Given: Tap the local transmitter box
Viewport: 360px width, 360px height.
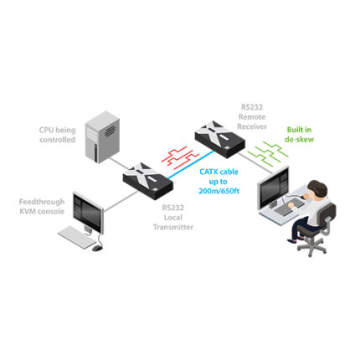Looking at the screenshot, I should (147, 176).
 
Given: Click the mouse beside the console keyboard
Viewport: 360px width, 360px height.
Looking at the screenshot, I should (98, 247).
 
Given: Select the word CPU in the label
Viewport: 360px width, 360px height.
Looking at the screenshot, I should (48, 130).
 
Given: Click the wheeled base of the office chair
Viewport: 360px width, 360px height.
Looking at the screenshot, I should (301, 253).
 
